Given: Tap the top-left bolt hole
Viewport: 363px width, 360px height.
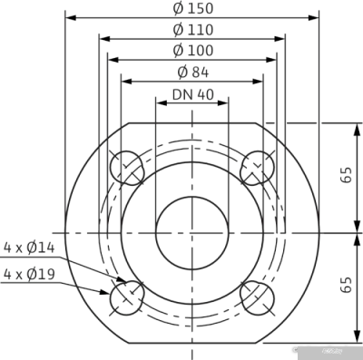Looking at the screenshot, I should (127, 168).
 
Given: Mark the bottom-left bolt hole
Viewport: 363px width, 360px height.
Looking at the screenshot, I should (127, 297).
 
